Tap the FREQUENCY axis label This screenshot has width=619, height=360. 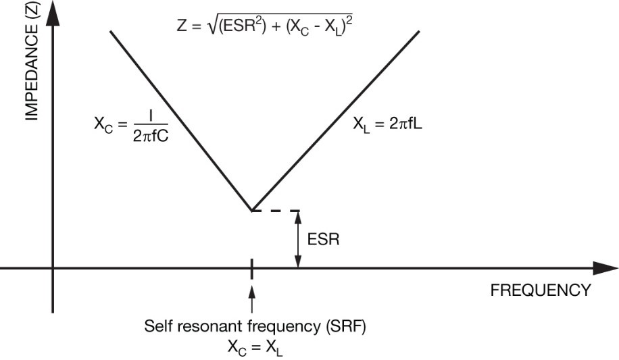coord(540,290)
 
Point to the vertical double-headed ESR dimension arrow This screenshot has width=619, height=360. coord(297,239)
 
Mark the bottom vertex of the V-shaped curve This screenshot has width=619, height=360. coord(252,211)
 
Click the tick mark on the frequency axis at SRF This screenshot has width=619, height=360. coord(252,268)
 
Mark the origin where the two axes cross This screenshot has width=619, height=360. coord(52,268)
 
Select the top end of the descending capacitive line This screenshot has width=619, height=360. coord(109,31)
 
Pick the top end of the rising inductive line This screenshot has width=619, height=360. coord(420,31)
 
